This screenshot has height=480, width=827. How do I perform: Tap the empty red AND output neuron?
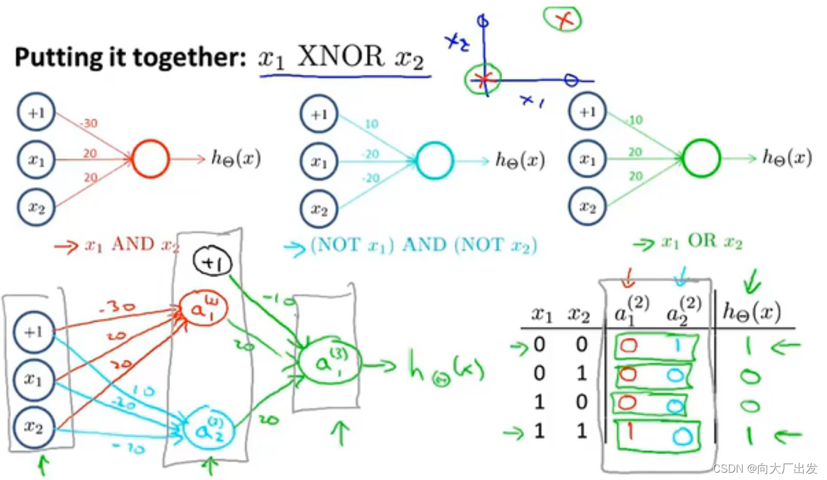click(150, 160)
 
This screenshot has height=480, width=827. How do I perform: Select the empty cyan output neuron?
click(435, 160)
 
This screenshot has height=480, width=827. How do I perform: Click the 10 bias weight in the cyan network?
click(372, 124)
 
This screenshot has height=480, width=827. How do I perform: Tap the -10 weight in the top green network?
click(634, 121)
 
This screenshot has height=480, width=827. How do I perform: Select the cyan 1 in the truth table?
click(676, 345)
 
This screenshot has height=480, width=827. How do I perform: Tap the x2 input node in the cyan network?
click(319, 209)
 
